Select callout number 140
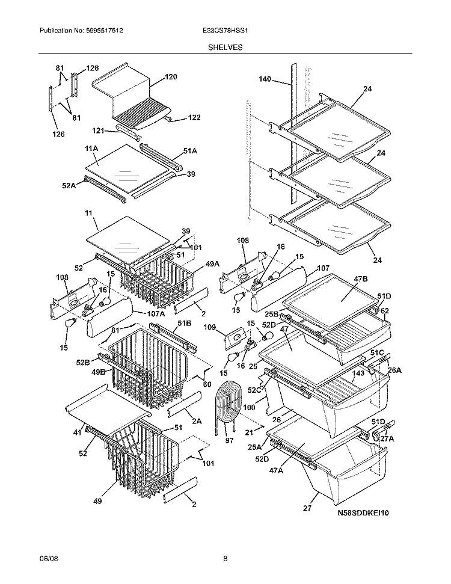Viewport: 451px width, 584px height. click(x=265, y=79)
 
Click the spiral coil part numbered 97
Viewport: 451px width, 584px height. click(x=227, y=403)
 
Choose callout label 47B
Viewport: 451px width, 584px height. click(x=343, y=279)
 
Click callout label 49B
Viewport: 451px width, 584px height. click(x=98, y=372)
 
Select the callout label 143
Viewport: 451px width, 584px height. click(x=358, y=373)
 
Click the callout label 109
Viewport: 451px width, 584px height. click(x=210, y=328)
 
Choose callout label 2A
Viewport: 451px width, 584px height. click(x=198, y=422)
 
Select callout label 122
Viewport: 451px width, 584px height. click(x=194, y=117)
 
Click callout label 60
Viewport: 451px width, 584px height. click(x=207, y=384)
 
